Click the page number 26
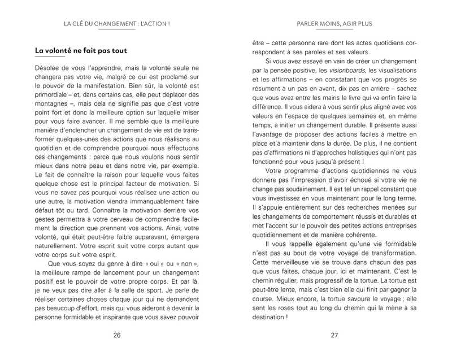pos(117,335)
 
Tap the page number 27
pos(334,335)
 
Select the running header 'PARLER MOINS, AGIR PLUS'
pos(334,24)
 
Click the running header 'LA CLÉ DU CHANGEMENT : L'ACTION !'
pos(118,24)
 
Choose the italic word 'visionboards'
pos(347,69)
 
